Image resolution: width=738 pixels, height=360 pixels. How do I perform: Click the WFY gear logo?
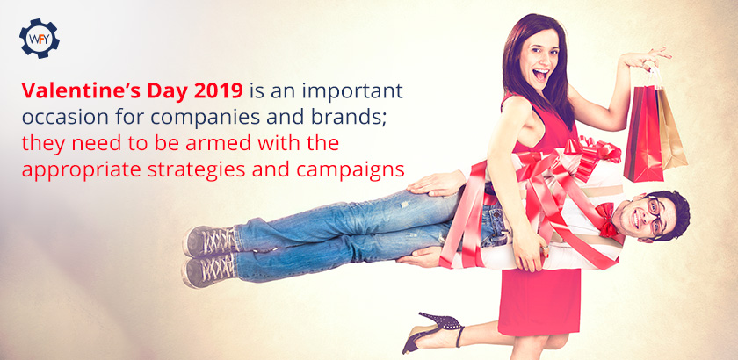click(x=40, y=39)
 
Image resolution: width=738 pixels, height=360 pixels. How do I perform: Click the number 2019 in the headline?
click(x=219, y=90)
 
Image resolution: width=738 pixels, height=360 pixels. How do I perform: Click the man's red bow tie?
click(x=605, y=220)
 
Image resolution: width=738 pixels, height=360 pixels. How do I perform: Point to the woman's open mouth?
click(x=541, y=75)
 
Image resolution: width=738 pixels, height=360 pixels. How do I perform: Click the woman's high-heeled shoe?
click(x=432, y=331)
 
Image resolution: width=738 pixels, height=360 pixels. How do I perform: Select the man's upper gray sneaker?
click(x=210, y=241)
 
